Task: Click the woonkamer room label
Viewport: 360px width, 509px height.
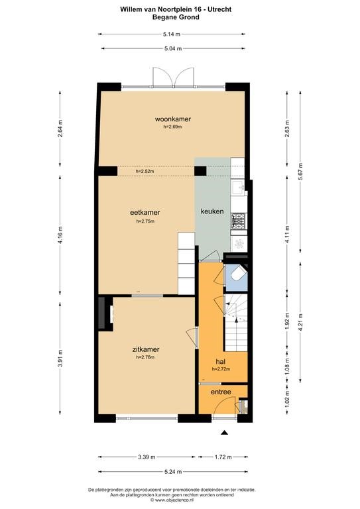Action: click(x=172, y=119)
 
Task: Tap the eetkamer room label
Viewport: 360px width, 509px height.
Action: click(x=145, y=212)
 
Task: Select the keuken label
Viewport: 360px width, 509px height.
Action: click(x=212, y=211)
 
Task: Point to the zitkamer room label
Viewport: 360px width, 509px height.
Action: click(x=146, y=350)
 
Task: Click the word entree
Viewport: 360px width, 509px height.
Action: click(x=221, y=392)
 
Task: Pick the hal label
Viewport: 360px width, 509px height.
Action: click(x=220, y=362)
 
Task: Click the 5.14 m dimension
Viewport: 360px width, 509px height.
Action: click(x=172, y=34)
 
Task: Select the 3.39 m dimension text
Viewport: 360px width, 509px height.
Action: click(x=147, y=457)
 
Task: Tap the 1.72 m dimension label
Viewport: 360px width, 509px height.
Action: click(x=223, y=457)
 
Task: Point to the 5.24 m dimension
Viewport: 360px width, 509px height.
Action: click(x=173, y=472)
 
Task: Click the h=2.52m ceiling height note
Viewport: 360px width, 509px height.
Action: click(x=145, y=171)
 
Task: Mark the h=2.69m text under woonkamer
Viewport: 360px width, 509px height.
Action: click(x=172, y=127)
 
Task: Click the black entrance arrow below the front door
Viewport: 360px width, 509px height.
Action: click(x=224, y=432)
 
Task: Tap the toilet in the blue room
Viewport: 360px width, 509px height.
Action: click(x=237, y=274)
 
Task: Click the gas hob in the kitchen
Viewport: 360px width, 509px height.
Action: click(x=238, y=221)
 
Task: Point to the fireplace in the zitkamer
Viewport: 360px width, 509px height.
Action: click(x=106, y=313)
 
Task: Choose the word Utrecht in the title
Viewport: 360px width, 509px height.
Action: click(x=220, y=9)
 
